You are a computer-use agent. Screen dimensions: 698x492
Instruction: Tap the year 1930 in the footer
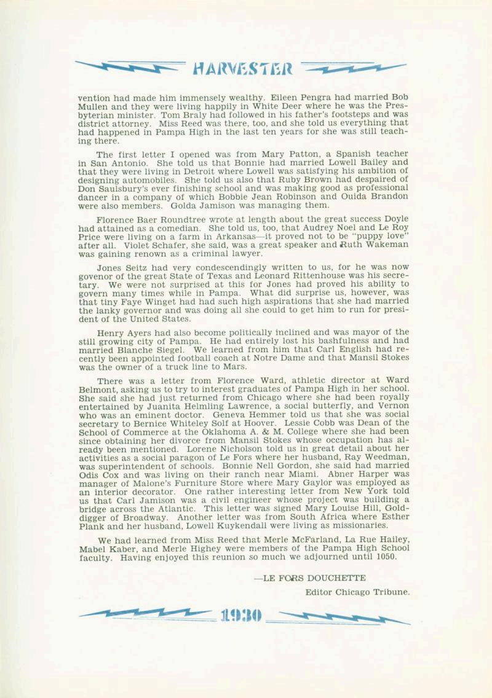tap(241, 614)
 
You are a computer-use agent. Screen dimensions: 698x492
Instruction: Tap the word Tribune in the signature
tap(391, 592)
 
